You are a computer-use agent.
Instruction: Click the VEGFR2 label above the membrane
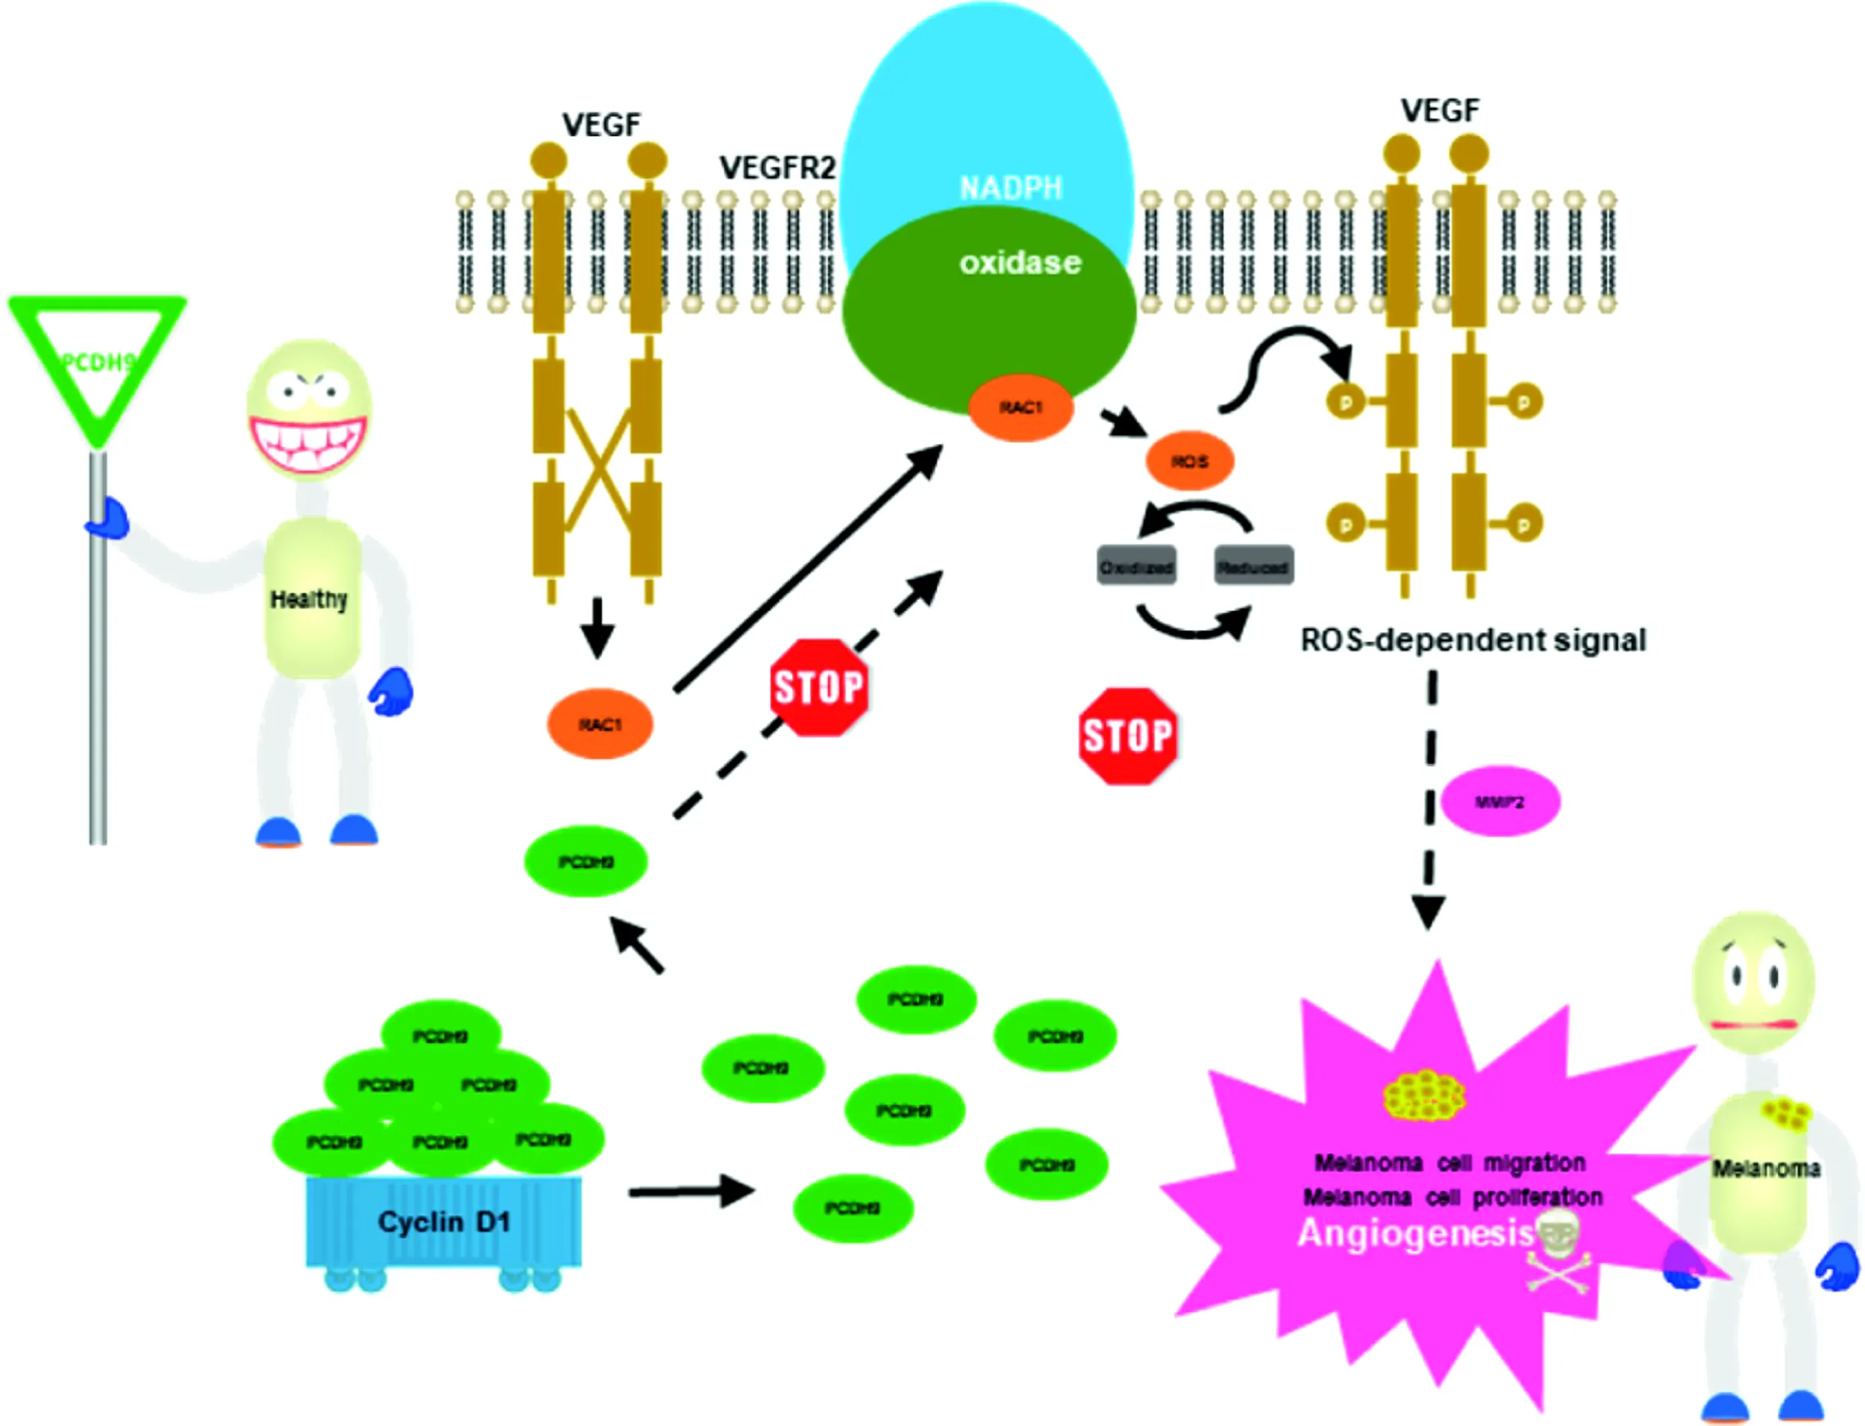(x=777, y=168)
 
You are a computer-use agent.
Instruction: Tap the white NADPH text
(x=1011, y=187)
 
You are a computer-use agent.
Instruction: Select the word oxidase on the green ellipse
(x=1020, y=263)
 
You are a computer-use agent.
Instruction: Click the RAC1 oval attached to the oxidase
(x=1021, y=408)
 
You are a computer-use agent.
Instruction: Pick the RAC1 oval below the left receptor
(x=600, y=724)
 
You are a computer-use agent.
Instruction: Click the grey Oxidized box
(x=1136, y=566)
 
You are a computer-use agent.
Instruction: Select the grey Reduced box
(x=1253, y=566)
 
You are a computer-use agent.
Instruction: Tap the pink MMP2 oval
(x=1500, y=801)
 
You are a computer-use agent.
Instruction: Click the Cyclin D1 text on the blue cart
(x=444, y=1222)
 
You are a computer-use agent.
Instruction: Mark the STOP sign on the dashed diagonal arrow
(x=819, y=687)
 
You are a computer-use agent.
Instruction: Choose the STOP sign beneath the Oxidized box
(x=1128, y=736)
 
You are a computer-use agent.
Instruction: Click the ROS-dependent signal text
(x=1473, y=639)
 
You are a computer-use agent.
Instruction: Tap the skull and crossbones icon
(x=1558, y=1251)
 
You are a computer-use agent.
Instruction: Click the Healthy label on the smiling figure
(x=309, y=599)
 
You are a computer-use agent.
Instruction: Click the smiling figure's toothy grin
(x=309, y=444)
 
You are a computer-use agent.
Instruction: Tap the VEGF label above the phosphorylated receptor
(x=1439, y=110)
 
